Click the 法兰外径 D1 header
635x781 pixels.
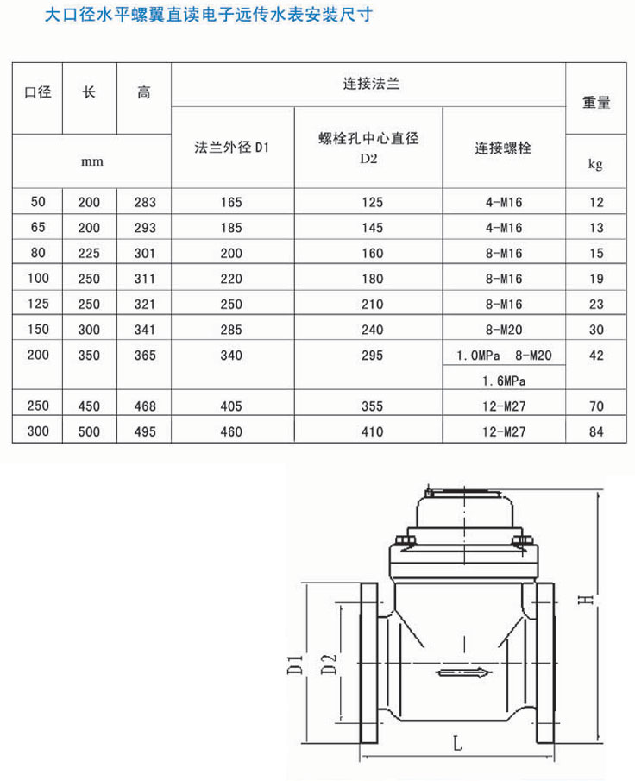coord(232,148)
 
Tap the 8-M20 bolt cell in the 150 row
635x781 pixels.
coord(504,329)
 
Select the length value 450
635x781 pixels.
coord(89,406)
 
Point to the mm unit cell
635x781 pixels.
coord(89,162)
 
